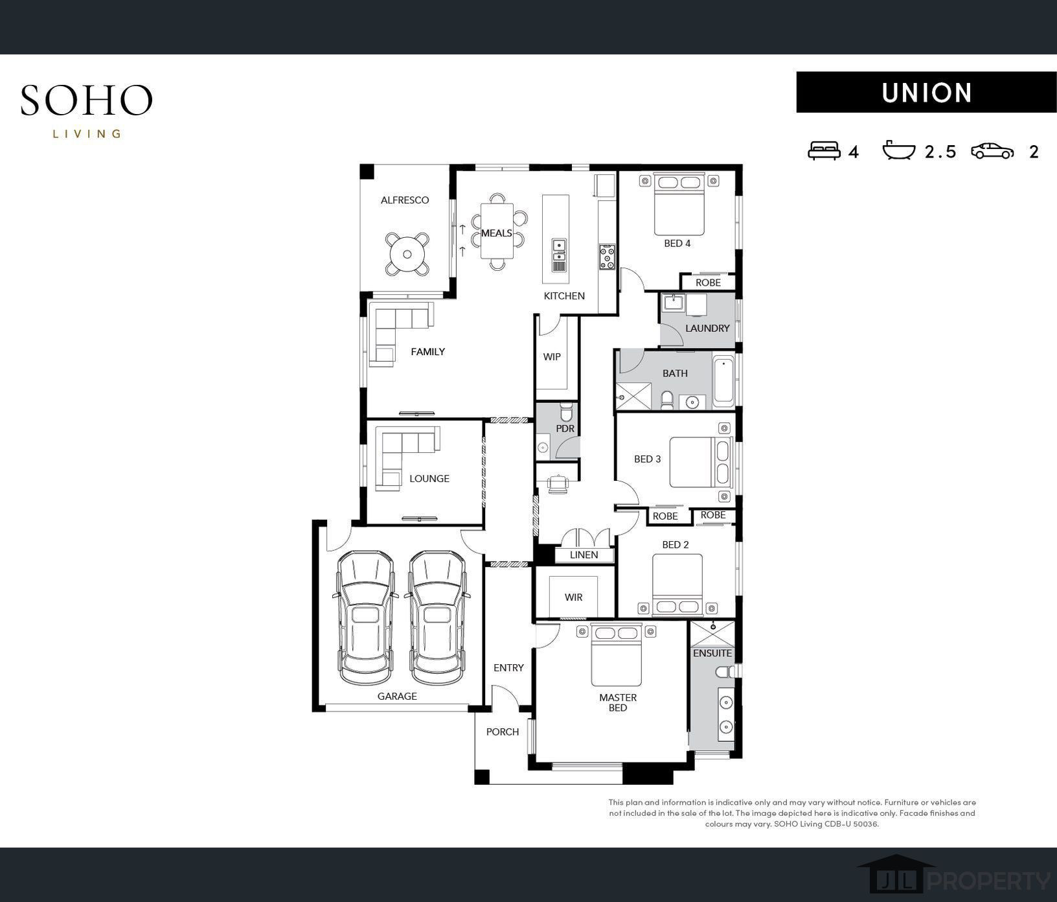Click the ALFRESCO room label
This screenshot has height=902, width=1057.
405,200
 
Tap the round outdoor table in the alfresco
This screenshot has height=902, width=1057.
407,254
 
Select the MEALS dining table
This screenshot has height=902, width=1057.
497,231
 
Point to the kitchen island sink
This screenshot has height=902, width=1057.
558,246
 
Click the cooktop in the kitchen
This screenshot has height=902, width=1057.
607,257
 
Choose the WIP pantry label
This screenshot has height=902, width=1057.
552,357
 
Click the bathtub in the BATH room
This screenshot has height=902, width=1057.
723,381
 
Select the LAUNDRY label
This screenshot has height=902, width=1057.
707,329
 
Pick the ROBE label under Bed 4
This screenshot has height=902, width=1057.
708,283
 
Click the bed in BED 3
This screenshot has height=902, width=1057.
700,462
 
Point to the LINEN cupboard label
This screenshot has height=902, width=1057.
584,555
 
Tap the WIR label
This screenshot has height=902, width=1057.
573,597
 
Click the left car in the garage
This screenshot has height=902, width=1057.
366,618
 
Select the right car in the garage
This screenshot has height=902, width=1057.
437,618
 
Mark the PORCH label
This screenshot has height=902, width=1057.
503,732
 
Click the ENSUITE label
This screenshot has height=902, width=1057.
712,653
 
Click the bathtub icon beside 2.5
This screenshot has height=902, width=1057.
899,150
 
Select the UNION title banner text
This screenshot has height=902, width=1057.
927,93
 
